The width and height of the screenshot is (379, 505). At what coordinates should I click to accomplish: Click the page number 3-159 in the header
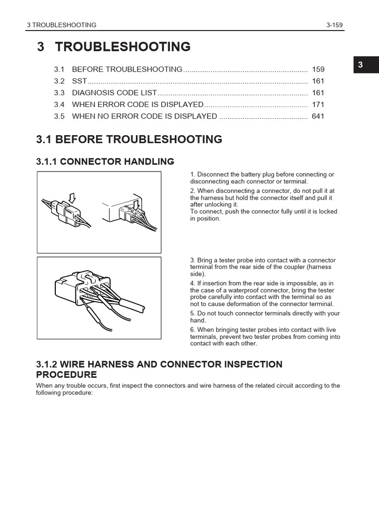coord(335,25)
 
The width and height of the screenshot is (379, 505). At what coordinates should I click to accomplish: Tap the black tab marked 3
coord(361,65)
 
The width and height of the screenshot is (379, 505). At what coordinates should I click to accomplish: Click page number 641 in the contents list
coord(318,116)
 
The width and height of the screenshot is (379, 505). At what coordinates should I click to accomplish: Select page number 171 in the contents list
coord(318,105)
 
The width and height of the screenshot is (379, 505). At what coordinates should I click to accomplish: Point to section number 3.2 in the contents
coord(59,81)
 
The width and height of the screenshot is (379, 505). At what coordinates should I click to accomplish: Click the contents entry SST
coord(79,81)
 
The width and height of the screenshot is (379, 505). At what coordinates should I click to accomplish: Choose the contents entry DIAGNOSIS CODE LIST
coord(114,93)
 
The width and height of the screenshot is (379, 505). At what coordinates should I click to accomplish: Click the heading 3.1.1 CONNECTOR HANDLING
coord(105,161)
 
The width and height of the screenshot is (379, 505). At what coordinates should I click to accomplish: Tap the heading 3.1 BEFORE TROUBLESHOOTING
coord(129,140)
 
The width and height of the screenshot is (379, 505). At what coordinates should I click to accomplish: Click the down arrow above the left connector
coord(73,198)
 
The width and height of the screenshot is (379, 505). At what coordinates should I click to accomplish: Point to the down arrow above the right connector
coord(137,201)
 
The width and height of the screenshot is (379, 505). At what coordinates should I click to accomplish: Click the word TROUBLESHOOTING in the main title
coord(123,47)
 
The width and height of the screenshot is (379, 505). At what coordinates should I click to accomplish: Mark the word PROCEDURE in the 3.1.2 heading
coord(67,375)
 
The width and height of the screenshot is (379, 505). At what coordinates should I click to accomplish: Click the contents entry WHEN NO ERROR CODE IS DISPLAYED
coord(145,116)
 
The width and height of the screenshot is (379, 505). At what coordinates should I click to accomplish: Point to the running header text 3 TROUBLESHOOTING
coord(62,25)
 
